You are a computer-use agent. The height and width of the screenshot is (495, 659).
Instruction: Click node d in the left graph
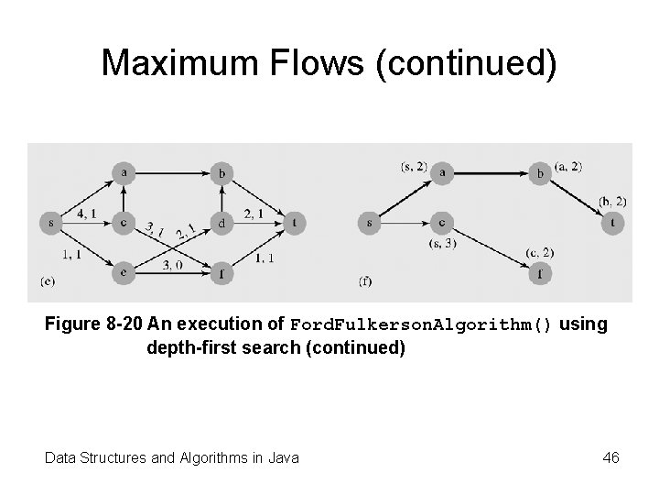[221, 222]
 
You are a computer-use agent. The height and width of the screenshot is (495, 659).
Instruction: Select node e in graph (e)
[124, 271]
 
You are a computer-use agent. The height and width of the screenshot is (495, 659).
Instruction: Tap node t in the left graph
[294, 222]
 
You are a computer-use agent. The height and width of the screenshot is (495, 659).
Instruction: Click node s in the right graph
[368, 222]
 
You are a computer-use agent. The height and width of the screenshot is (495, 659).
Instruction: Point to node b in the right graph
[540, 171]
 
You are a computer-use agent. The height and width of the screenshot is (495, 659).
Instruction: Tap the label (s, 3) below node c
[442, 244]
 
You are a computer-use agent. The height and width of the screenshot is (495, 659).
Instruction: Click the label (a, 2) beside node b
[567, 166]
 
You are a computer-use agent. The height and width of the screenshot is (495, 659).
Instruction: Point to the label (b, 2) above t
[611, 201]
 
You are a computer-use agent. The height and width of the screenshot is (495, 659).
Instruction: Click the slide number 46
[610, 456]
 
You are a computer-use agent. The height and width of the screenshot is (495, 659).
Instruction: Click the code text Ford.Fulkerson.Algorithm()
[421, 324]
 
